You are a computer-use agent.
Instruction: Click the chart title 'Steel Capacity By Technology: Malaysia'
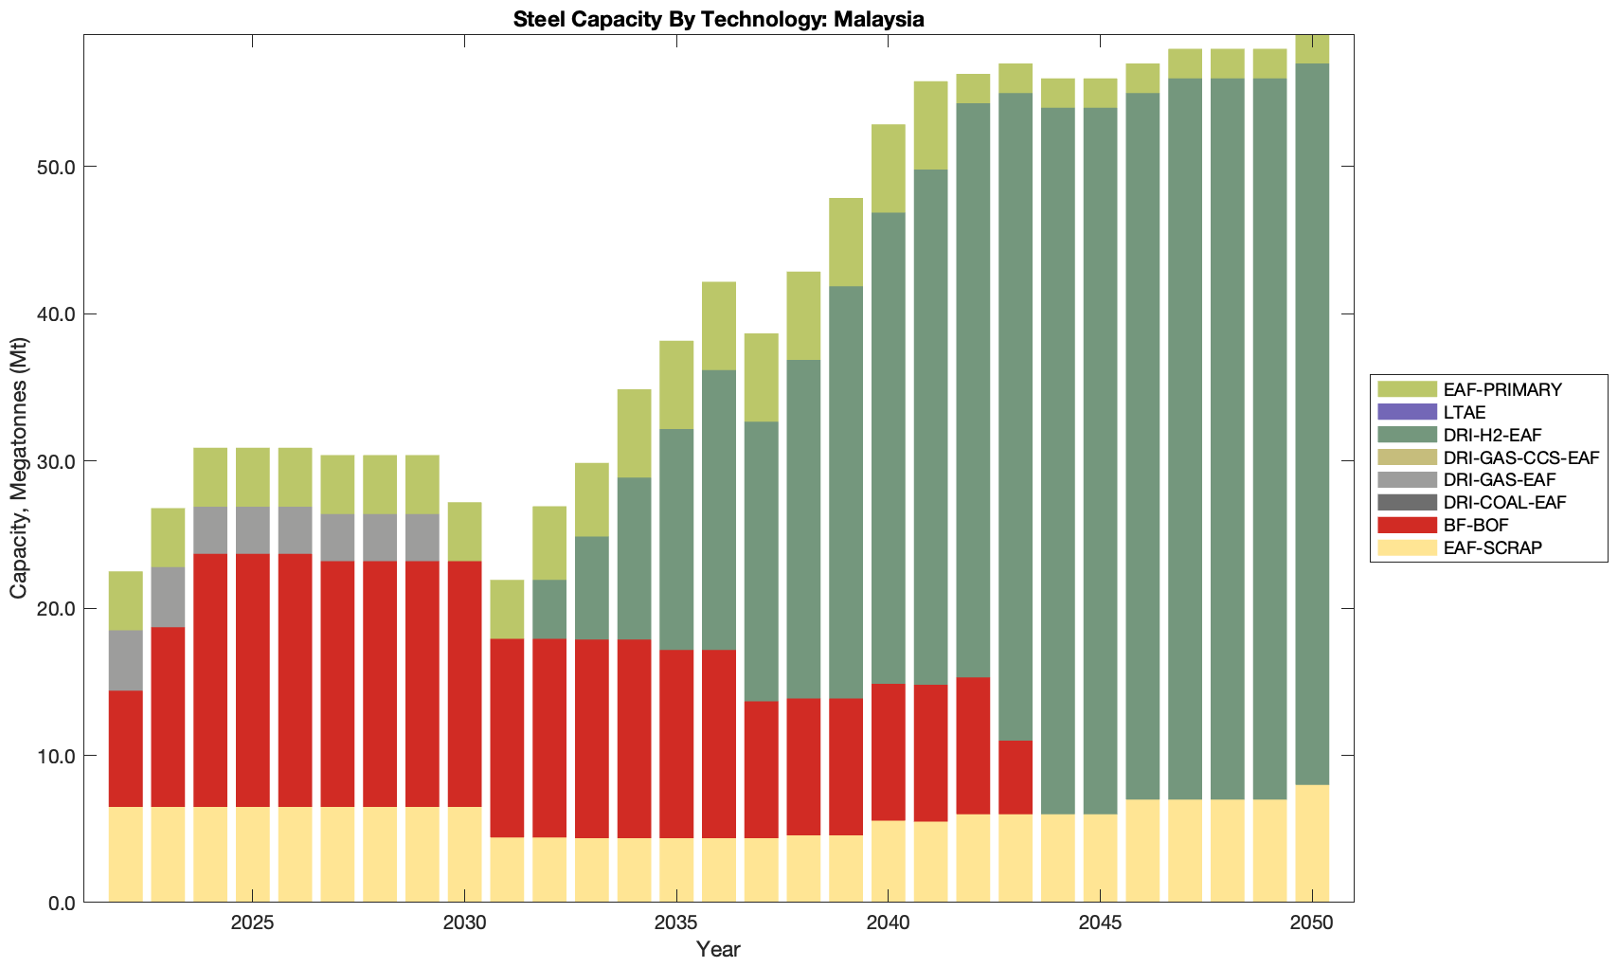718,19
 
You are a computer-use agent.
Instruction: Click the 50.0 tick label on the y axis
56,168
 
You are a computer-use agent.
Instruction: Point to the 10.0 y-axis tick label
56,756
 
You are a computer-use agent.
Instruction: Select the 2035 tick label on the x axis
676,923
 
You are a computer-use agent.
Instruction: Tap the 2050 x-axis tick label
1312,923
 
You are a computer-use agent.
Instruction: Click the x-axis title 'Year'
718,949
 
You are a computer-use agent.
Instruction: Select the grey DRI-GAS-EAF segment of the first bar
126,660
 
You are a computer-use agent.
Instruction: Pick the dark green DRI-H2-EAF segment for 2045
1100,460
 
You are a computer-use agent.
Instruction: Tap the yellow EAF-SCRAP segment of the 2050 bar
1312,843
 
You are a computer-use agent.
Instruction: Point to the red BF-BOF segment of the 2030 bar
464,684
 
